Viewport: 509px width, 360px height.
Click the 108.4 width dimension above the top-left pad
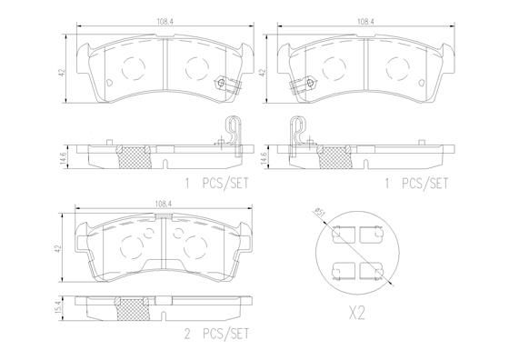165,22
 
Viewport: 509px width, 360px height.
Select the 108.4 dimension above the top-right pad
365,22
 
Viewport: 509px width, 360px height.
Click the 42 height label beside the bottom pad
58,249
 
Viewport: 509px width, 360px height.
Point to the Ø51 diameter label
319,214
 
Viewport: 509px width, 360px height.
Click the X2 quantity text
356,314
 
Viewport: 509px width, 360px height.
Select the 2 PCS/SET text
216,334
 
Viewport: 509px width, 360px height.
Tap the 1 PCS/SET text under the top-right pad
416,184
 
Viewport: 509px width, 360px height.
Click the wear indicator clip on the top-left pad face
228,85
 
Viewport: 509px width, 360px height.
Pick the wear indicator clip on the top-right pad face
303,85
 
